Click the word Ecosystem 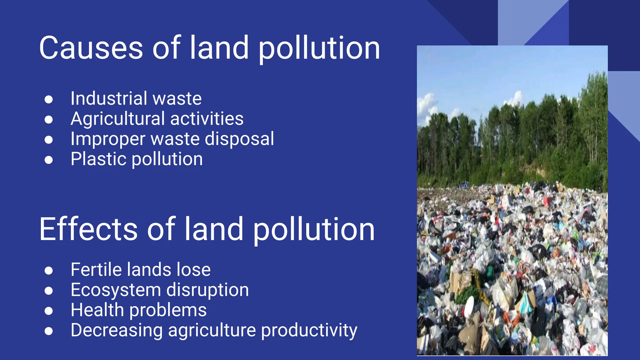[x=116, y=290]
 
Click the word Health [x=97, y=310]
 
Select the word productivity [x=309, y=330]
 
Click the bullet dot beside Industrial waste [x=48, y=99]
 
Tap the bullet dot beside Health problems [x=48, y=311]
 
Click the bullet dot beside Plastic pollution [x=48, y=160]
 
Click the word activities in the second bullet [x=207, y=119]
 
